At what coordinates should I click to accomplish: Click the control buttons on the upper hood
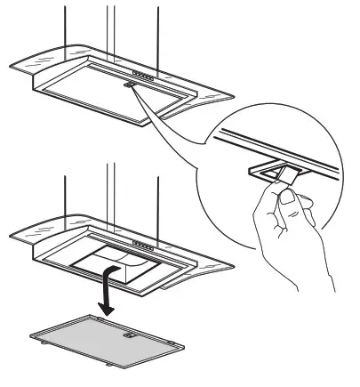(145, 74)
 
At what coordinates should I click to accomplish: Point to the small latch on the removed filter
(130, 336)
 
